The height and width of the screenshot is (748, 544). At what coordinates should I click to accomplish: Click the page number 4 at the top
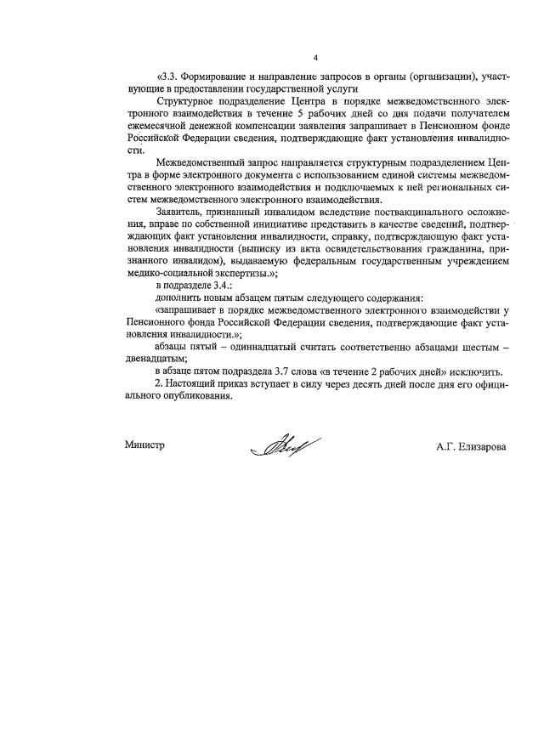[315, 58]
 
